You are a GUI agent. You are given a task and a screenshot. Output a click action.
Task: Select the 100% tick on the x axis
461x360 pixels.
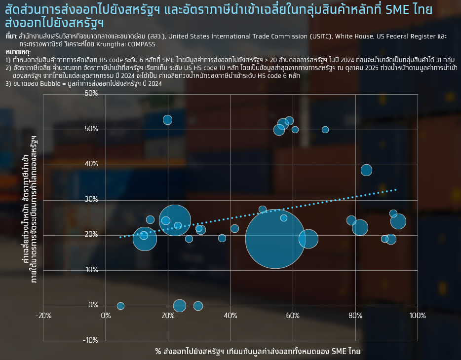click(418, 316)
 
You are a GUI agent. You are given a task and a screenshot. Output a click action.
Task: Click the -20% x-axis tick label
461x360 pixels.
click(43, 316)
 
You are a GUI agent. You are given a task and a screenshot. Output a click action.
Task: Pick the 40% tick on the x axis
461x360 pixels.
click(230, 316)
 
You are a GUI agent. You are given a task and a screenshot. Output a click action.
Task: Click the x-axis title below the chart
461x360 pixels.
click(258, 352)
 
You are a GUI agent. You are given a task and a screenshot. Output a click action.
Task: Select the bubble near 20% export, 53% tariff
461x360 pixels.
click(167, 120)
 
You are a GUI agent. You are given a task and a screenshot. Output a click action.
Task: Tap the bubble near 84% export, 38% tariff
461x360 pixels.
click(366, 170)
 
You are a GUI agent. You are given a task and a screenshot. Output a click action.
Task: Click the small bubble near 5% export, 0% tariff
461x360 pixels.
click(120, 306)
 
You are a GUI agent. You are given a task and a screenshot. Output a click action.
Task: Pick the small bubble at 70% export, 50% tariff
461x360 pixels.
click(325, 130)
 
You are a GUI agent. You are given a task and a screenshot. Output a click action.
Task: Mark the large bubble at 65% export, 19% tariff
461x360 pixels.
click(308, 239)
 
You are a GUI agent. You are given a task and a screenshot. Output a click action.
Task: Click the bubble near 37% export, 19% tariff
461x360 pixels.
click(222, 238)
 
